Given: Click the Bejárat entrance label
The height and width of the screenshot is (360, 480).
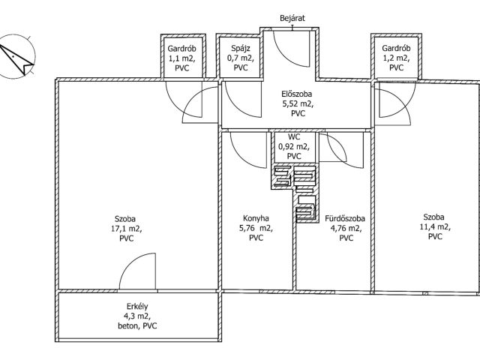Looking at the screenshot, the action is coord(292,18).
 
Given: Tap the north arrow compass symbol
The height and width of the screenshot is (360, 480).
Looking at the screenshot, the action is coord(16,57).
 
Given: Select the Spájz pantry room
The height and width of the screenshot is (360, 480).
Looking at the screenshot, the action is coord(240,58).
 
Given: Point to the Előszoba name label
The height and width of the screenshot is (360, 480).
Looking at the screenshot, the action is coord(297,94).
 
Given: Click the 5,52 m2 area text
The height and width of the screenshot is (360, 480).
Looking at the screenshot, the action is coord(298,104).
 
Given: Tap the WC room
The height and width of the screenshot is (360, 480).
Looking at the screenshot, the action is coord(294,147).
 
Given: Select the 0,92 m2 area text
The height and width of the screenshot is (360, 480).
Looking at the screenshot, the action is coord(294,147).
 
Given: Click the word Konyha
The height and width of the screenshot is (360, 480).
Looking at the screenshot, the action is coord(256,218).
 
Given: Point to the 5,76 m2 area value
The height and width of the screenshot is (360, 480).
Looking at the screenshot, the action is coord(256,228).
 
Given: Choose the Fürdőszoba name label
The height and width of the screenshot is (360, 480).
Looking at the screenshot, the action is coord(345,218).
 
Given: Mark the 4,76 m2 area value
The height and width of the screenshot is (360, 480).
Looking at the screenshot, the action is coord(346,228).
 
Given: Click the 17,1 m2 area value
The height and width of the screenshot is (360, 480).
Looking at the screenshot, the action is coord(127,229).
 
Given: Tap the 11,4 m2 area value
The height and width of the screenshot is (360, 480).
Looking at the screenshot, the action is coord(435,226).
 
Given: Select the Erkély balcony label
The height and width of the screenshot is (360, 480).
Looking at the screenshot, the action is coord(137,307).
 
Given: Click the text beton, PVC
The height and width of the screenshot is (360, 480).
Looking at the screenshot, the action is coord(137,325).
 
